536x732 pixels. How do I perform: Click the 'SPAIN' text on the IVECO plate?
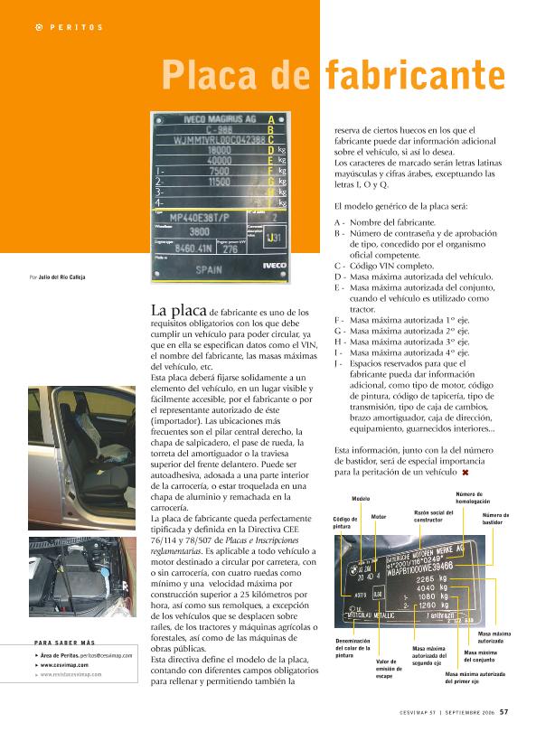[x=209, y=268]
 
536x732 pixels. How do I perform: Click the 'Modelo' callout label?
[x=361, y=498]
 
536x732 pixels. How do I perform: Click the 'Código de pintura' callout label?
[x=341, y=522]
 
